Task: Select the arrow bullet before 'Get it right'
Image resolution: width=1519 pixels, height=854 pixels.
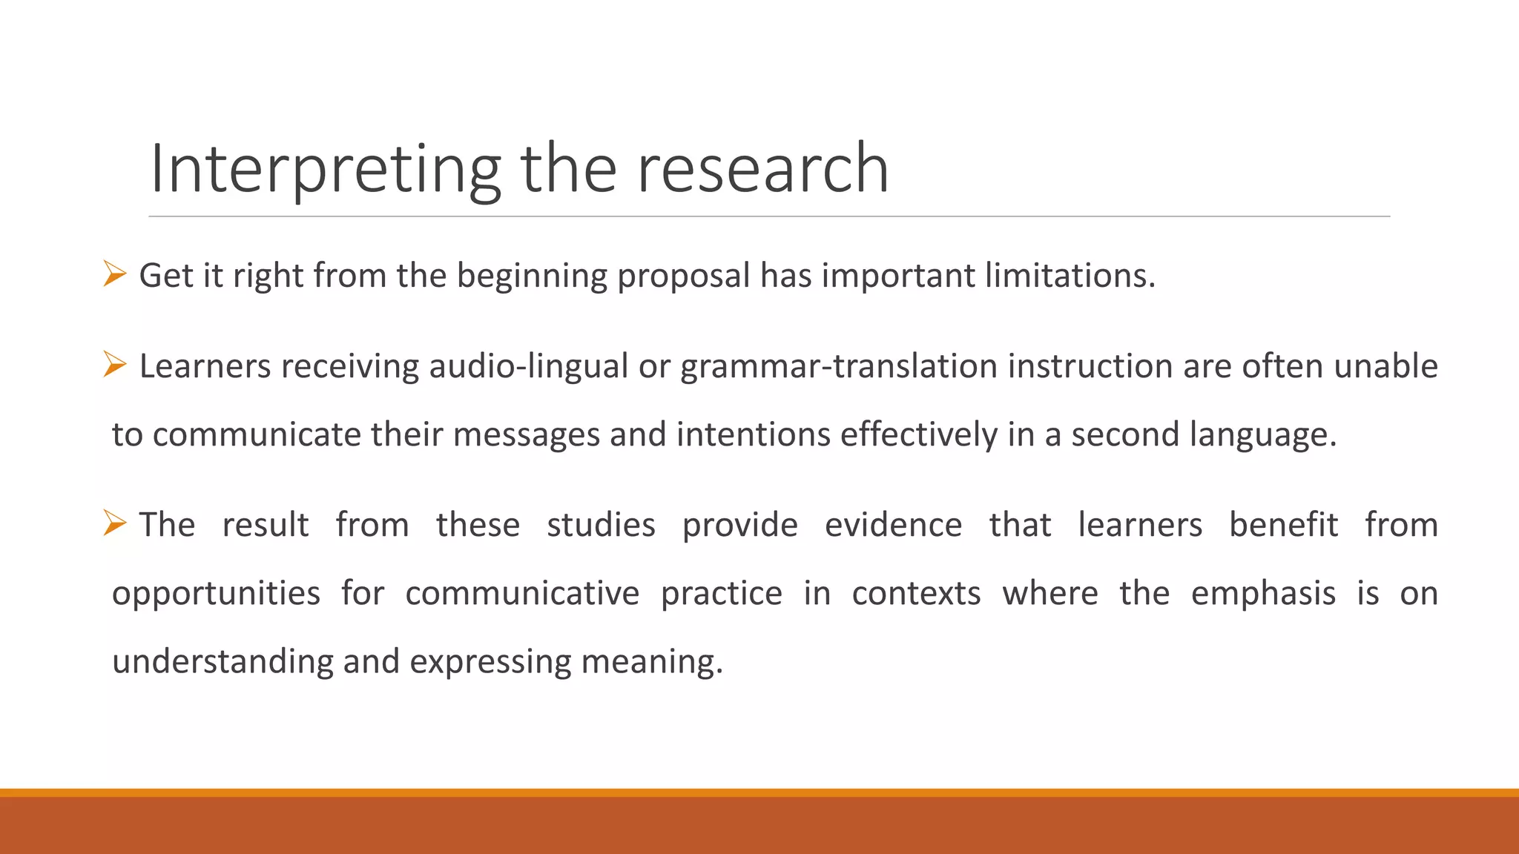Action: click(115, 274)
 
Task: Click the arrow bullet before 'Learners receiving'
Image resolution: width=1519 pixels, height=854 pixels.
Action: click(115, 365)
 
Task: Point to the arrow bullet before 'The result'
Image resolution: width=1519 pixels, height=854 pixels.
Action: click(115, 523)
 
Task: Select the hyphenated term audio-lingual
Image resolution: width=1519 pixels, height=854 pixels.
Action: click(529, 366)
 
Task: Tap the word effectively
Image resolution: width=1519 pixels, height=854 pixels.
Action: click(918, 434)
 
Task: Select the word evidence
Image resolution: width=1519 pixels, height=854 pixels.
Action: click(893, 525)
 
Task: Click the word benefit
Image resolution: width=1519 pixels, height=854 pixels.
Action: click(1283, 525)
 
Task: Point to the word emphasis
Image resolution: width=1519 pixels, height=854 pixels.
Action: click(1263, 593)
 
